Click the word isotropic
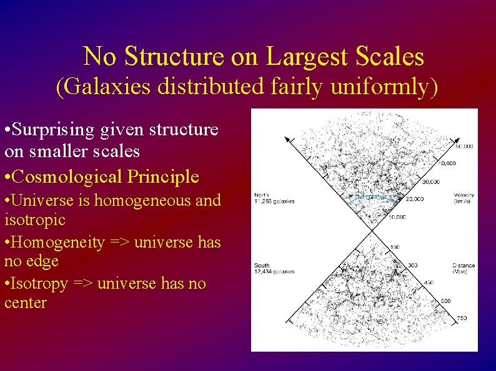tap(34, 220)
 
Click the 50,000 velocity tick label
tap(463, 147)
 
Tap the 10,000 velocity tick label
tap(396, 217)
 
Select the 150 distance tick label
tap(394, 248)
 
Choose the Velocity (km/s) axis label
tap(464, 198)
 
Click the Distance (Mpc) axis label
tap(463, 269)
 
